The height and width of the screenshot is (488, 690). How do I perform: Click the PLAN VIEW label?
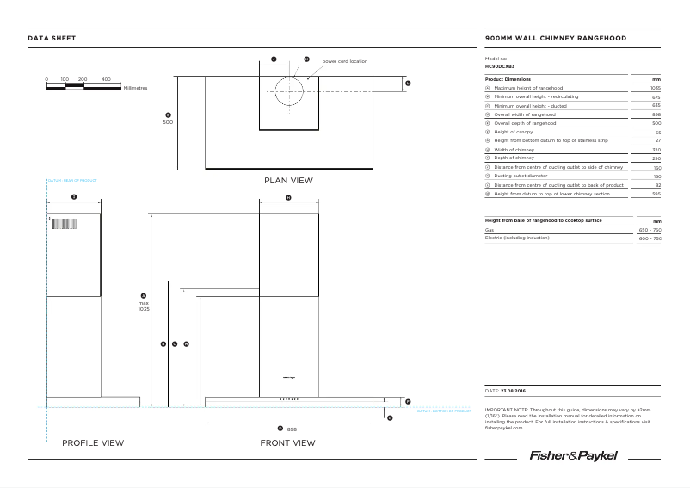[x=288, y=181]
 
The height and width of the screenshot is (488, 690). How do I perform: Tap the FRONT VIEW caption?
[x=288, y=443]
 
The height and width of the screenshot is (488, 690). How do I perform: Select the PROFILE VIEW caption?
[x=93, y=443]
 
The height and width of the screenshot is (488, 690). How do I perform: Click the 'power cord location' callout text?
[x=344, y=62]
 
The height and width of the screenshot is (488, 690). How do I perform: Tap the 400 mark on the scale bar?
[x=106, y=79]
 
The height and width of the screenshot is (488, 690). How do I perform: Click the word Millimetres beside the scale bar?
[x=136, y=88]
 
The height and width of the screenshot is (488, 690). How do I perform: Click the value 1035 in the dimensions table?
[x=656, y=88]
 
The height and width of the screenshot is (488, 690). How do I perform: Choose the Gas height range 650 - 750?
[x=650, y=230]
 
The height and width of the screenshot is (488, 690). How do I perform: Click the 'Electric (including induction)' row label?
[x=517, y=238]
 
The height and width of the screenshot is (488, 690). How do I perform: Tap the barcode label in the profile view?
[x=65, y=225]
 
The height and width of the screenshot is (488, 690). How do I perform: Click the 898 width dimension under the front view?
[x=292, y=429]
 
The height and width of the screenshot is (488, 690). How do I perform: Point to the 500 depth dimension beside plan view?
[x=168, y=122]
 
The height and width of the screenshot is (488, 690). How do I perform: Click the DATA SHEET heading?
[x=52, y=39]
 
